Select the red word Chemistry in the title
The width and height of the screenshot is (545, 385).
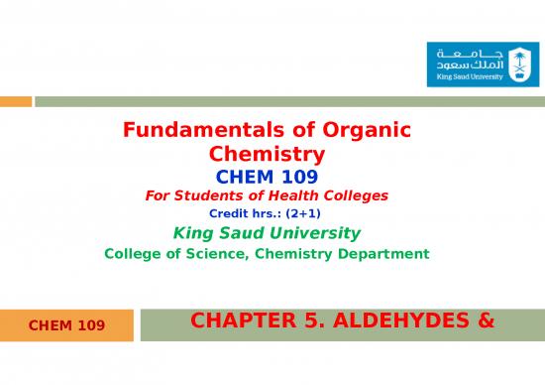tap(268, 154)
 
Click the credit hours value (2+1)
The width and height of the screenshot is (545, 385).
tap(302, 212)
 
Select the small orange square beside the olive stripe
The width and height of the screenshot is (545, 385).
tap(15, 100)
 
